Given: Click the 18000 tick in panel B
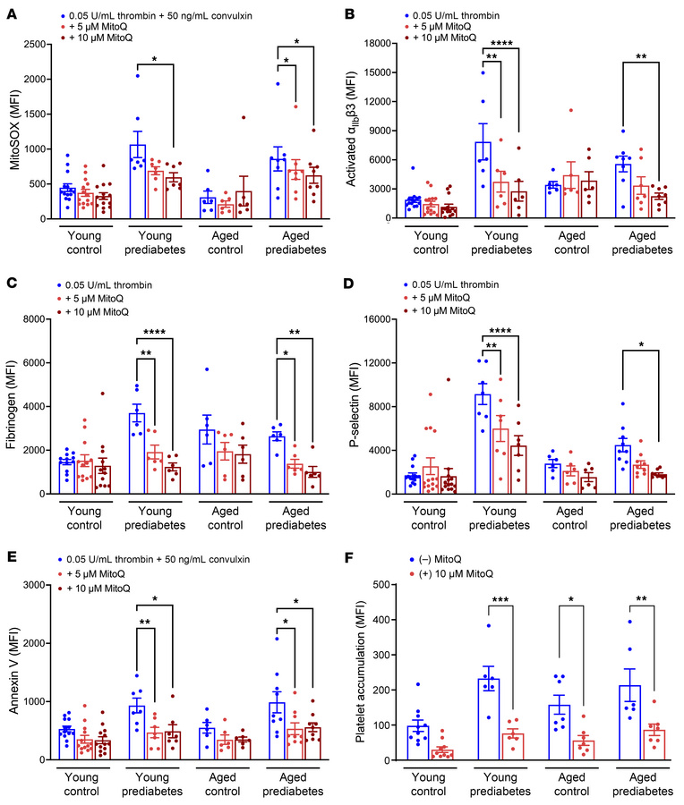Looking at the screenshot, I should tap(390, 44).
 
